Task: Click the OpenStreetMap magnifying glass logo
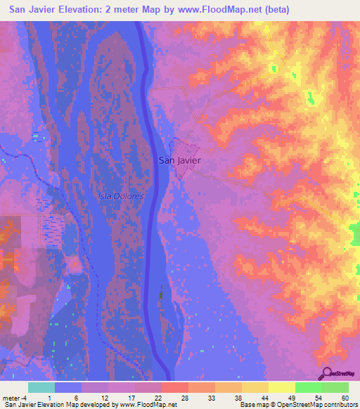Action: click(326, 372)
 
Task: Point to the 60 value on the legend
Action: click(345, 397)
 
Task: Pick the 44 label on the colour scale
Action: click(253, 397)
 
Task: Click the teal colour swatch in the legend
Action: click(41, 387)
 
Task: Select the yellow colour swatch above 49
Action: click(281, 387)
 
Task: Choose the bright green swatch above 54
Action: click(308, 387)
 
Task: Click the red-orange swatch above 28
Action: click(174, 387)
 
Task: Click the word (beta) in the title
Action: click(273, 10)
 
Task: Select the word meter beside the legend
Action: click(11, 397)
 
